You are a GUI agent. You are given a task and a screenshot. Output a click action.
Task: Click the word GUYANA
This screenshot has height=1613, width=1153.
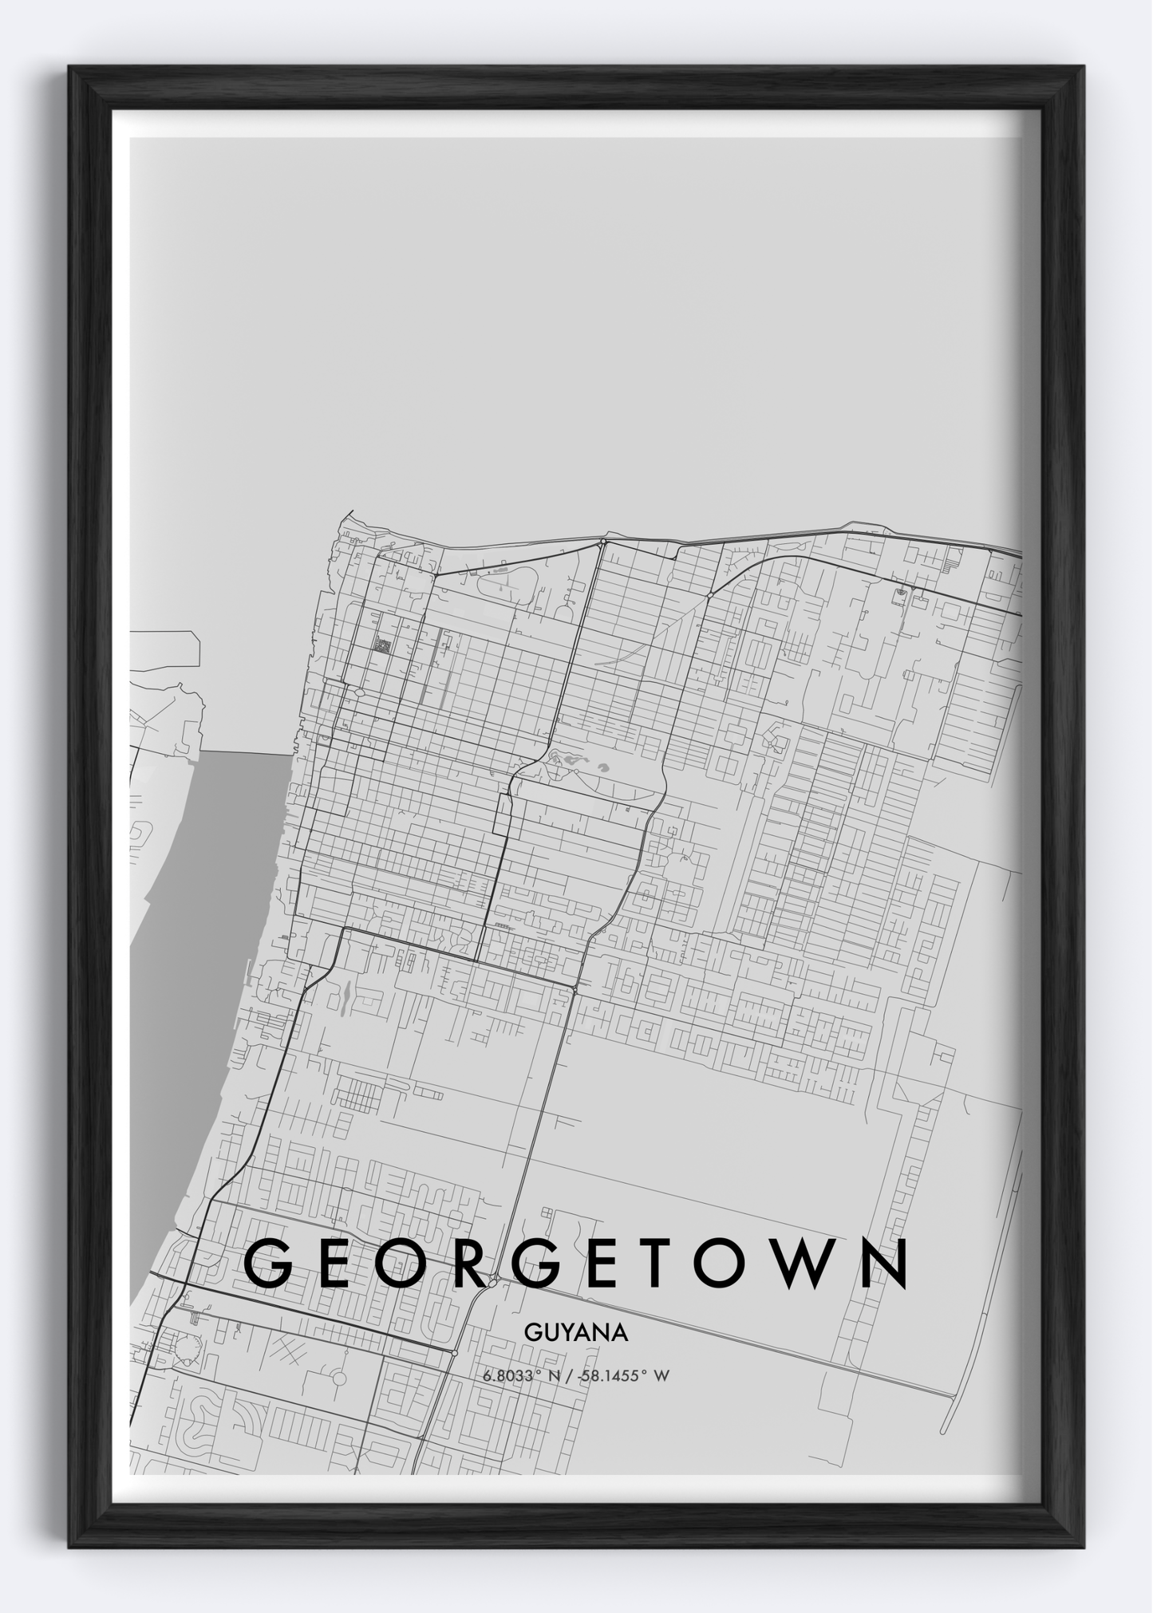point(576,1332)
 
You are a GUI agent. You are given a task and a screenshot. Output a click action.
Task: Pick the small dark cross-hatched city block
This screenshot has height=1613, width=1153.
point(383,645)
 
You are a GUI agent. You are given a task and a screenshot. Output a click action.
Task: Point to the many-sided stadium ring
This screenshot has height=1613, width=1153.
point(188,1350)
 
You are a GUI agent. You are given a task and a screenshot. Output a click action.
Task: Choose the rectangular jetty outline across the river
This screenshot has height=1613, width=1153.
point(165,649)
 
